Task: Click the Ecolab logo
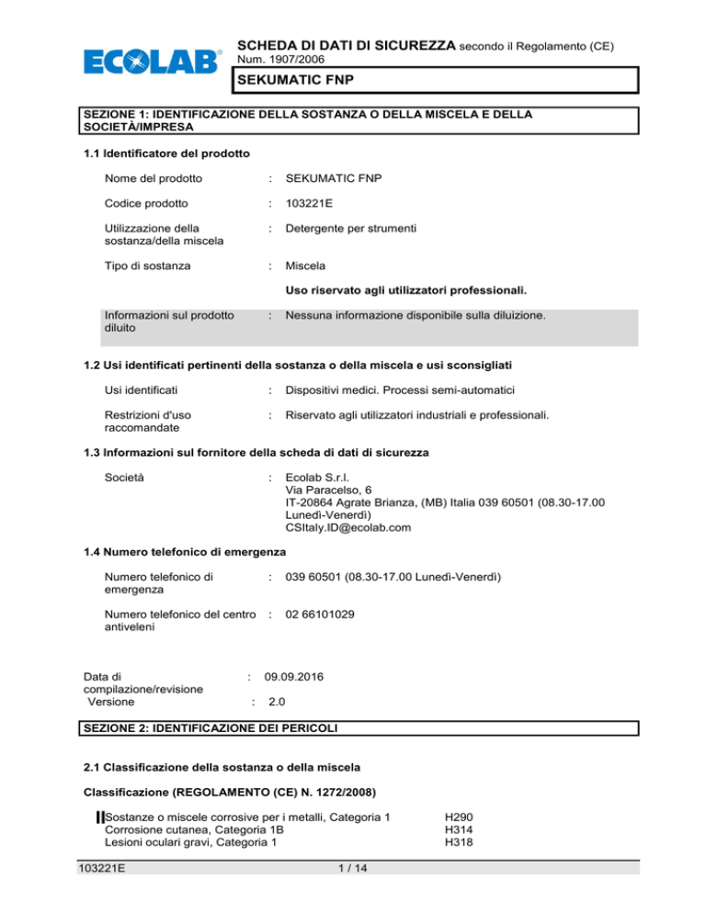pyautogui.click(x=153, y=62)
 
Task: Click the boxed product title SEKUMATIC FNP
pyautogui.click(x=435, y=80)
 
